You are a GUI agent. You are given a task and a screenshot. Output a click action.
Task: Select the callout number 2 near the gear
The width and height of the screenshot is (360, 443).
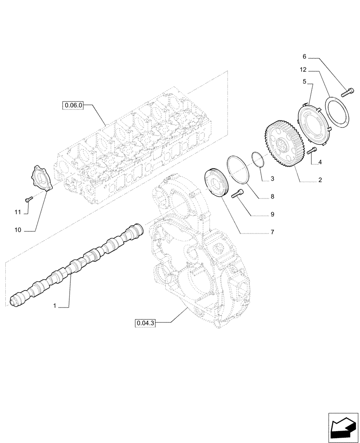click(320, 181)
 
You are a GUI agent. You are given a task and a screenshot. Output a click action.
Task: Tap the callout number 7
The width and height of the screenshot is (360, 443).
click(272, 232)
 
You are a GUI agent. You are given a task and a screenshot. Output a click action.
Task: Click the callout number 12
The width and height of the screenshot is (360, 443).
click(302, 70)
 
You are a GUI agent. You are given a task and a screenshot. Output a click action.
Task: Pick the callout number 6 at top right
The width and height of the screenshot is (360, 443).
click(304, 57)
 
